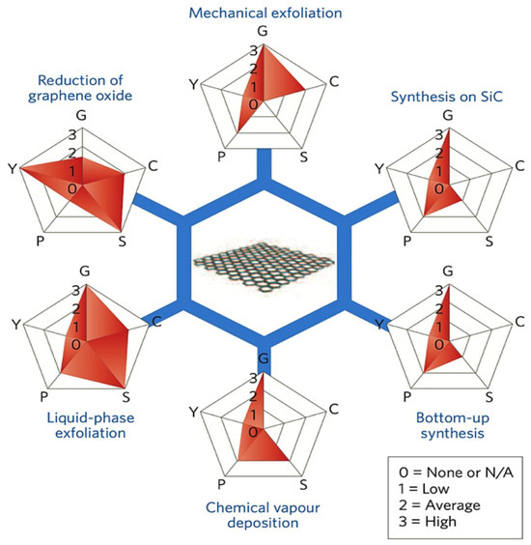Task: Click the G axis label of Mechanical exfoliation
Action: coord(261,31)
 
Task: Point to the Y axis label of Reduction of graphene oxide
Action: coord(13,168)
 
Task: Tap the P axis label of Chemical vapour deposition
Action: coord(196,482)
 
